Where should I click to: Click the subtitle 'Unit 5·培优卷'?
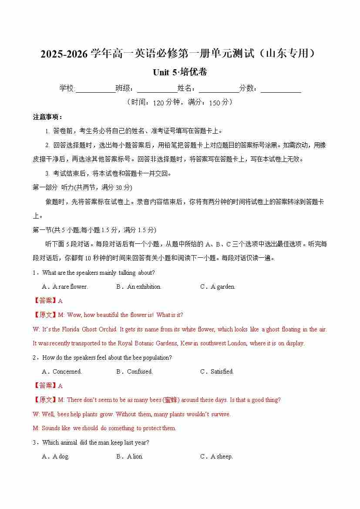[180, 72]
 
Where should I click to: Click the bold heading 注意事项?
[48, 117]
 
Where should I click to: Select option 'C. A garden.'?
[218, 287]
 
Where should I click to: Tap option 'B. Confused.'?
[135, 371]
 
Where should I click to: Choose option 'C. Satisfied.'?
[217, 371]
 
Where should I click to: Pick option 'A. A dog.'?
[56, 456]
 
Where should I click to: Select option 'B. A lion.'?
[130, 456]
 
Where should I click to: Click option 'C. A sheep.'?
[216, 456]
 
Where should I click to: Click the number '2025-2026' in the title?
[64, 54]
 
